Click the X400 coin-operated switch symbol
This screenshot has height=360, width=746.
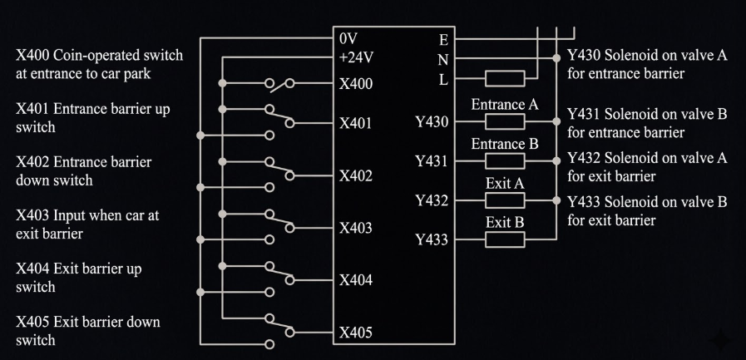click(x=279, y=85)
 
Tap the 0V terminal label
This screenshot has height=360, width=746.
click(x=348, y=38)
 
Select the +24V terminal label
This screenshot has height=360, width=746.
click(x=356, y=57)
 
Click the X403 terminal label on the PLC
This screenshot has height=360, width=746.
click(x=355, y=229)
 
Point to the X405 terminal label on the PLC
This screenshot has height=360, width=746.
click(x=355, y=333)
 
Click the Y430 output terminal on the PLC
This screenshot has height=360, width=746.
click(x=432, y=122)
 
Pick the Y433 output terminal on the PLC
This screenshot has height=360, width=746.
click(x=432, y=239)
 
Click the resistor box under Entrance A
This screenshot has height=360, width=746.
click(x=505, y=121)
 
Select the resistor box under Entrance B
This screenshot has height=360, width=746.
click(x=505, y=161)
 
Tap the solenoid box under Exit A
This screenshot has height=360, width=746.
click(x=505, y=200)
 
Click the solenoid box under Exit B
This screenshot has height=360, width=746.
click(x=505, y=239)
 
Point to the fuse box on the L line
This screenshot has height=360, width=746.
click(x=505, y=78)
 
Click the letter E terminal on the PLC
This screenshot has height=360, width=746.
click(x=443, y=40)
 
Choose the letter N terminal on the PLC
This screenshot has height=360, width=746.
click(x=443, y=60)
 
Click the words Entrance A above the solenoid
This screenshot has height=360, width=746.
click(x=505, y=105)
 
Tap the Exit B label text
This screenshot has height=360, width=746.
click(x=505, y=222)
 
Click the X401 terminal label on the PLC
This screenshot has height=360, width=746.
click(x=355, y=124)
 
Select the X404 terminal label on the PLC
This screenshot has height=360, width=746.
click(x=355, y=280)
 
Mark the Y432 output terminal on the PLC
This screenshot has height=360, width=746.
click(x=432, y=200)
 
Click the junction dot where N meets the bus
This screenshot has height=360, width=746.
click(x=556, y=58)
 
